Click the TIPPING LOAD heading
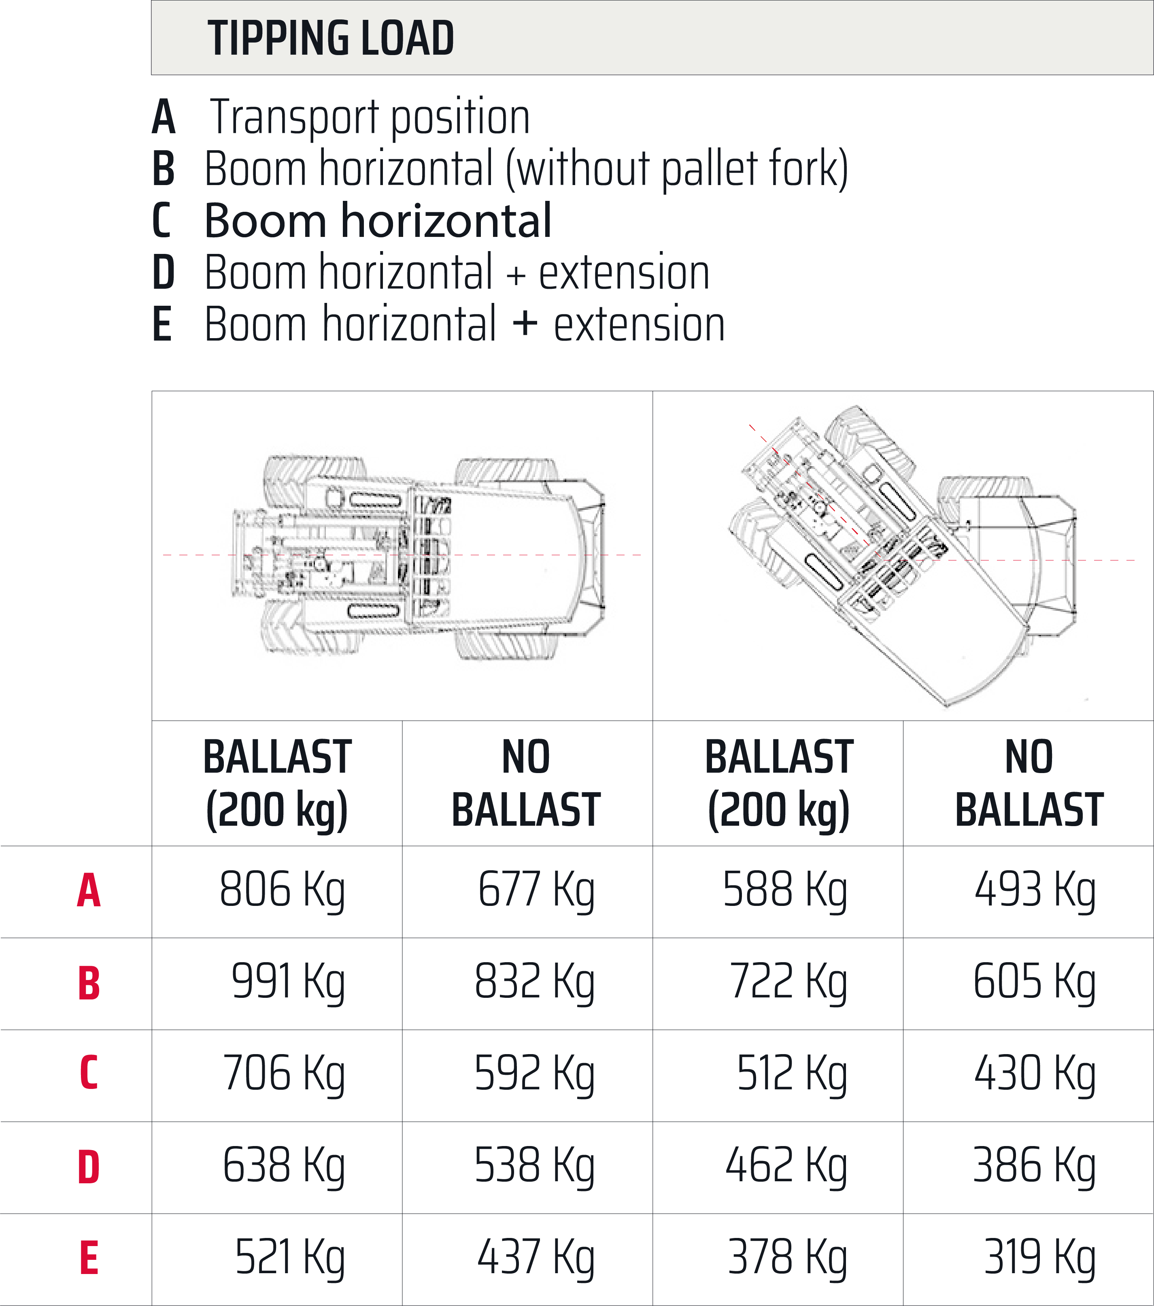330,38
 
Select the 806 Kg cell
282,891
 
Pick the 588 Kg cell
784,891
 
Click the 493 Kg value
1035,891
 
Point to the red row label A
89,891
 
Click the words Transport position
370,118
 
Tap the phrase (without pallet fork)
677,169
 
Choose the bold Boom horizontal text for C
377,221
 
